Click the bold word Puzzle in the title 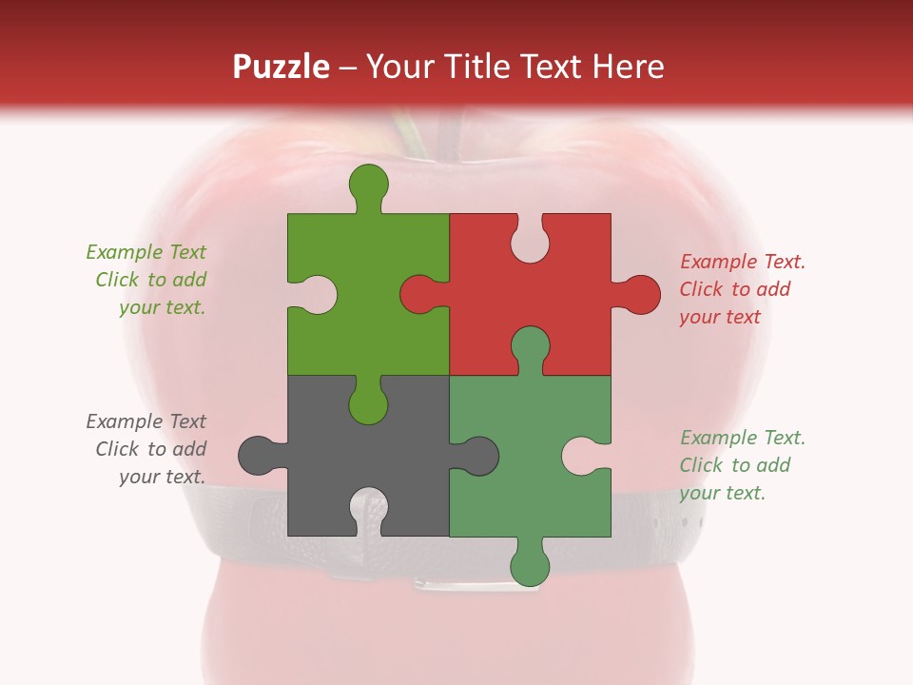[282, 67]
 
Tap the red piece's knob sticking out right [640, 294]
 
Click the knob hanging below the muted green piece [530, 565]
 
